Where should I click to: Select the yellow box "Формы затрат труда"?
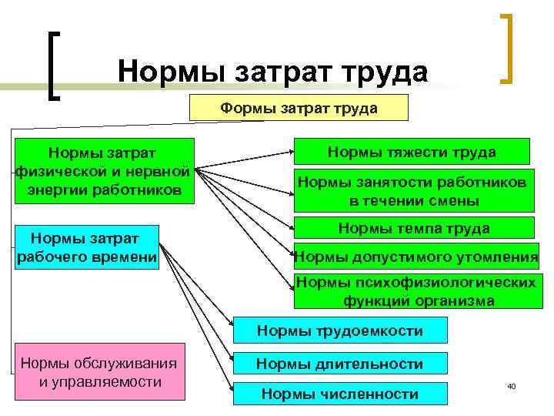tap(299, 109)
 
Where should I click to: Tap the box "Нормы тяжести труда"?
tap(412, 153)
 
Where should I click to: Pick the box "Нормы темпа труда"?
tap(413, 229)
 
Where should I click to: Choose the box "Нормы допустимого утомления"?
tap(416, 256)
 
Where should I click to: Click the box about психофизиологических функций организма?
tap(416, 291)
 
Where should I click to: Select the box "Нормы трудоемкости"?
tap(339, 331)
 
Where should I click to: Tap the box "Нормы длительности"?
tap(339, 364)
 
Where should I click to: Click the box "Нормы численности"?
tap(339, 394)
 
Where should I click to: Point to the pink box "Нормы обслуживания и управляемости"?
tap(99, 372)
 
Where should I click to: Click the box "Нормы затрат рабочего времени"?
tap(87, 247)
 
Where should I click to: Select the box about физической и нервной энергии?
tap(103, 170)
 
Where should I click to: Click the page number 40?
tap(511, 385)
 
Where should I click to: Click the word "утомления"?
tap(499, 257)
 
